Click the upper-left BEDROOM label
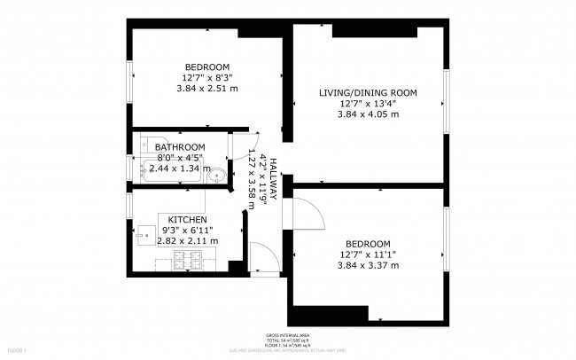pos(206,67)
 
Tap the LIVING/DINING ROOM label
pos(367,92)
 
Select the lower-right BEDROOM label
pos(368,244)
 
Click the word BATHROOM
pos(180,147)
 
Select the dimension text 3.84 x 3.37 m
pos(368,265)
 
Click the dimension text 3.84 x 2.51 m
pos(206,88)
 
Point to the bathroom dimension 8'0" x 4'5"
pos(180,158)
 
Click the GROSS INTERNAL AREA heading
pos(287,335)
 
